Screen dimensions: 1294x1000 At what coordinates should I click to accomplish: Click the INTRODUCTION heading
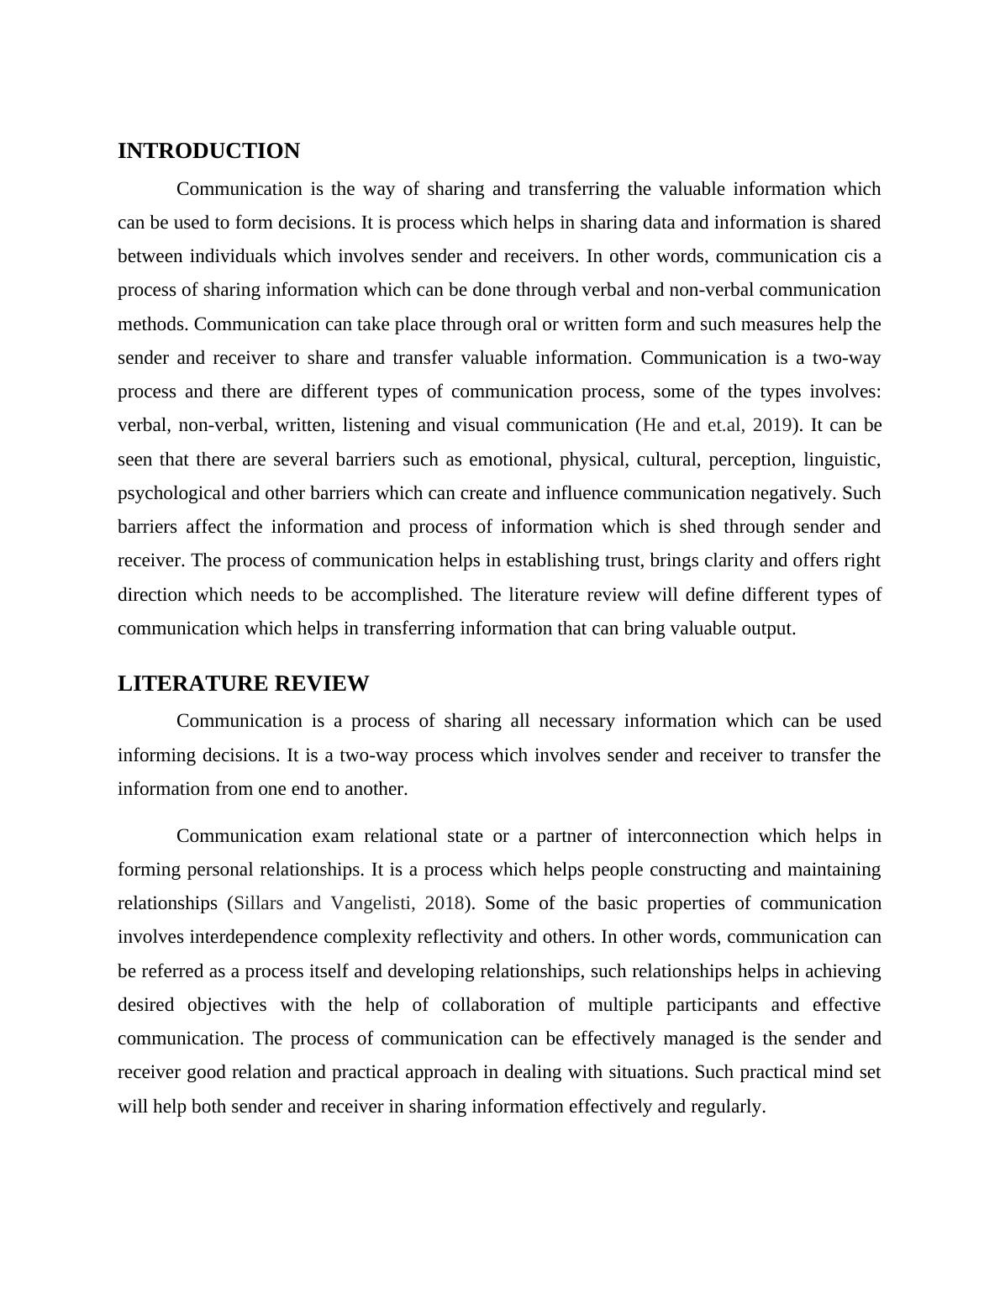click(x=208, y=151)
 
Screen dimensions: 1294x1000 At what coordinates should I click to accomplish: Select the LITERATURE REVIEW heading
click(x=243, y=684)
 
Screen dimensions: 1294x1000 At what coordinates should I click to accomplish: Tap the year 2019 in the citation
click(x=771, y=425)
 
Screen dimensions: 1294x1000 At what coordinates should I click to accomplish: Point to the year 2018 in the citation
click(x=444, y=903)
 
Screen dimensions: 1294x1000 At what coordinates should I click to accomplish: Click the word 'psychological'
click(x=171, y=493)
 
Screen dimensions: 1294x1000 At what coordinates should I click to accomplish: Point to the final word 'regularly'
click(x=728, y=1107)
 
